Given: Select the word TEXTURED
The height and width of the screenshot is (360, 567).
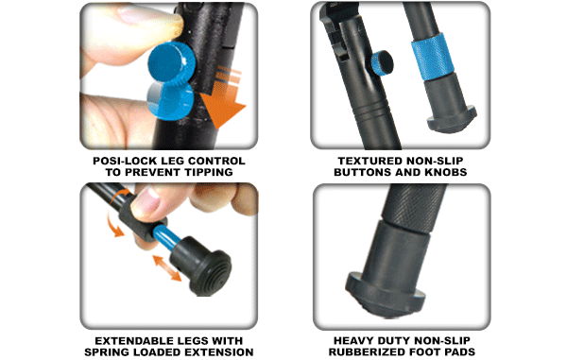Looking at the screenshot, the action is (366, 161).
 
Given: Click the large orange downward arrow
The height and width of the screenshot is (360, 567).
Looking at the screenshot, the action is (223, 97).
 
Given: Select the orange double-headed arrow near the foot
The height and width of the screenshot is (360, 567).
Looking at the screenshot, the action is (166, 267).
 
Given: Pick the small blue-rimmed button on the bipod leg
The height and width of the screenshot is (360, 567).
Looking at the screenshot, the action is (382, 62).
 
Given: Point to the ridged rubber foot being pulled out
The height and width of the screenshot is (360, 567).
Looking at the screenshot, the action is (200, 266).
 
